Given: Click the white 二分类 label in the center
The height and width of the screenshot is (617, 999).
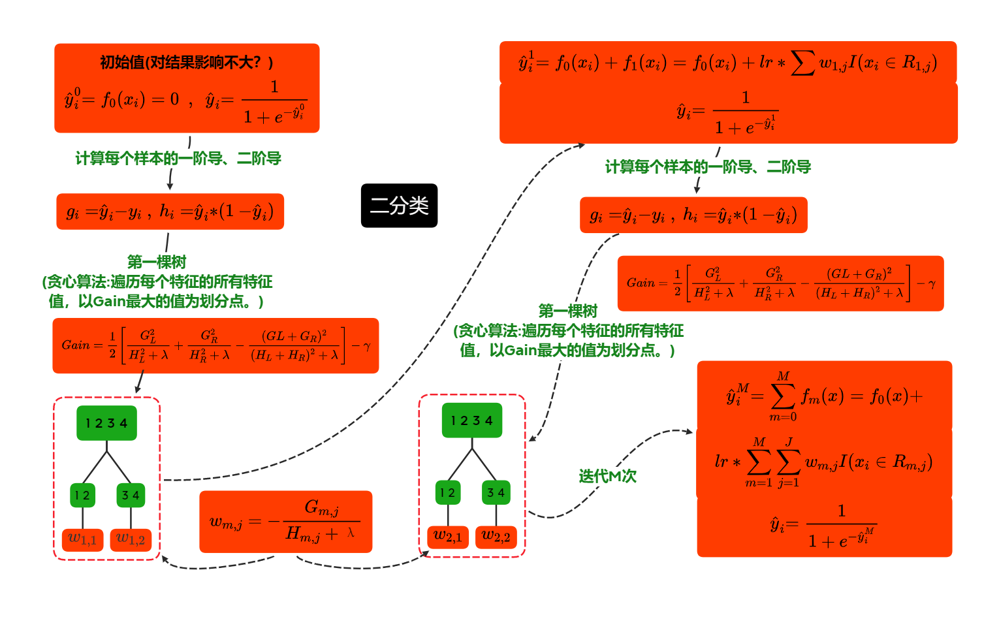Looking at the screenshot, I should coord(399,206).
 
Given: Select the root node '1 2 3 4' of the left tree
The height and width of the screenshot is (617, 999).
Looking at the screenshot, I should coord(106,423).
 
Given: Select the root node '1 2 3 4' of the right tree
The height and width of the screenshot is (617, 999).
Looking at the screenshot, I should coord(471,420).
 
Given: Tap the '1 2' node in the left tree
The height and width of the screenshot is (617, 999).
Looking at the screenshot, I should coord(82,495).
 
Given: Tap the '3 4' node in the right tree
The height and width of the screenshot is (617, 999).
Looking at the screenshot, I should coord(496,492).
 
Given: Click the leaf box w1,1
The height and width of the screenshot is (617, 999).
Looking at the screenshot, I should coord(82,539).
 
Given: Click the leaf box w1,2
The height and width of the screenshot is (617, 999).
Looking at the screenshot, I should coord(131,539).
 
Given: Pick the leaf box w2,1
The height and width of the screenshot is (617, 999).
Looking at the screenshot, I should coord(447,537).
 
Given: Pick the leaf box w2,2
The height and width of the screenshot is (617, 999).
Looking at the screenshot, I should coord(496,537).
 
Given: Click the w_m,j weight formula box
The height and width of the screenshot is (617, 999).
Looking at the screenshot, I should coord(285,522).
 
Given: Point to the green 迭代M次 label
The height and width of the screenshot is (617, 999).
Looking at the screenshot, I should coord(607,476).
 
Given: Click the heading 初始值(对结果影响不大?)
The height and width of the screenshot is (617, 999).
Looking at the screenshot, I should coord(186,63).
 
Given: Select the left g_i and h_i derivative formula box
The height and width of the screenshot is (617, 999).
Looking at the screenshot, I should coord(170,212).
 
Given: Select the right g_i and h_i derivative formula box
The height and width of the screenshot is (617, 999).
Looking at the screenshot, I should coord(693,215).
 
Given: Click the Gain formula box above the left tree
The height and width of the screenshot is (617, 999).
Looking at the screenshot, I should coord(215,345).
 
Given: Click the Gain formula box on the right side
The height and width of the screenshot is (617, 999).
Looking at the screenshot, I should coord(780,283).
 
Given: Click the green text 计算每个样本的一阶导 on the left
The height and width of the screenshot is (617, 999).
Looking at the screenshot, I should coord(178,159).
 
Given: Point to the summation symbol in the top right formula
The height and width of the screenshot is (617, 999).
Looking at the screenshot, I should coord(802,63).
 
